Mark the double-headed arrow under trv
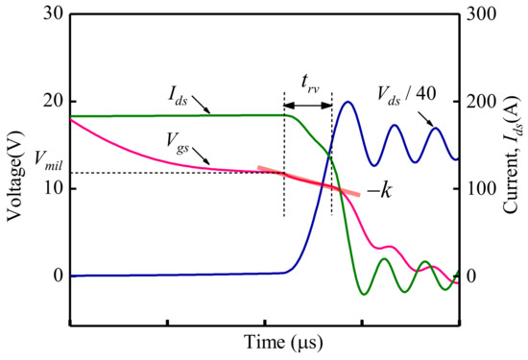307,102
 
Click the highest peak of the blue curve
348,102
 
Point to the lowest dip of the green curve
363,294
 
